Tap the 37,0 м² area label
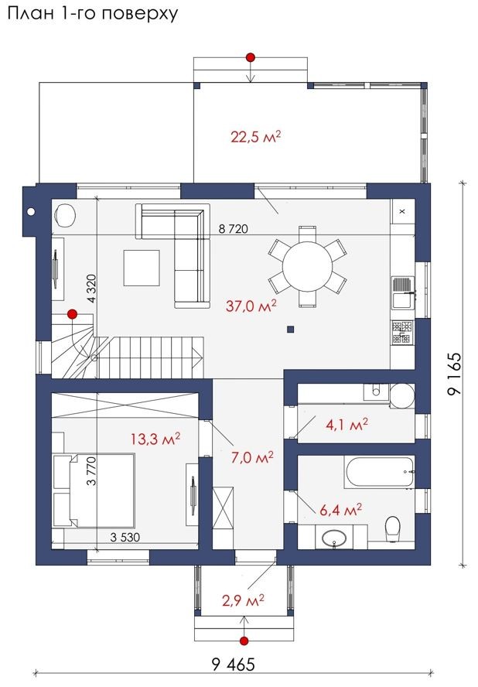(x=251, y=305)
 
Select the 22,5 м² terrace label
(x=255, y=137)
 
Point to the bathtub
(x=380, y=472)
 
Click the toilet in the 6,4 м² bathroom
(x=392, y=527)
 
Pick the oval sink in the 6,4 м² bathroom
(x=334, y=538)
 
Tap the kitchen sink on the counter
(x=403, y=292)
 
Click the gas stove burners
(x=402, y=332)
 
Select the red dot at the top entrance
(x=251, y=57)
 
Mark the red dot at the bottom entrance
(x=244, y=641)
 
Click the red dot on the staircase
(x=72, y=313)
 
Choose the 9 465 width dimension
(x=233, y=665)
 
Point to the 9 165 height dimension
(x=455, y=374)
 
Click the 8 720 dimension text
(x=233, y=229)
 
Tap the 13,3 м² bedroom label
(x=155, y=439)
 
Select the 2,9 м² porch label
(x=243, y=600)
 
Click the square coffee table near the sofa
(x=142, y=267)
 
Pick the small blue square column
(x=290, y=330)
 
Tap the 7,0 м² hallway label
(x=252, y=458)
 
